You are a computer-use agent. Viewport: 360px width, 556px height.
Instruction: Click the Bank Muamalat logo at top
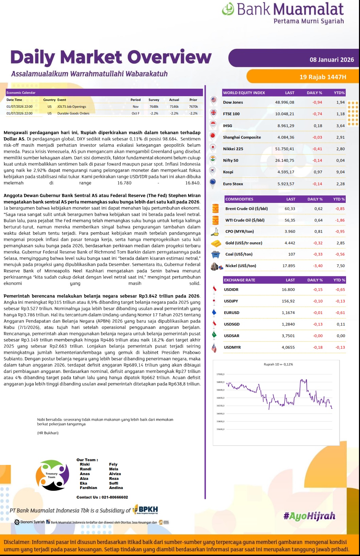coord(283,13)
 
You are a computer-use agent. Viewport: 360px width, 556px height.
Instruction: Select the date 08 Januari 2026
coord(331,60)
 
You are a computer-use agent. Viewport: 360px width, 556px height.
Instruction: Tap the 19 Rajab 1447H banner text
coord(323,77)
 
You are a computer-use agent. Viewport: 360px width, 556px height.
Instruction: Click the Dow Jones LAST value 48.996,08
coord(285,102)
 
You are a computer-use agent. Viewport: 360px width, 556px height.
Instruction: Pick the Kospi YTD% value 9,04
coord(340,172)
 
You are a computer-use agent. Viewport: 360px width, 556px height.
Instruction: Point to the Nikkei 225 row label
coord(233,149)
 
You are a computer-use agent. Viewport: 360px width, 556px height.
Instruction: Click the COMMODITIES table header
coord(239,199)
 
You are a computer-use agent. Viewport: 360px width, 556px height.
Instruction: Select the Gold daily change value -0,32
coord(318,243)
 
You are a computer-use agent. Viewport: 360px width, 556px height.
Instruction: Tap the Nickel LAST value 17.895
coord(289,266)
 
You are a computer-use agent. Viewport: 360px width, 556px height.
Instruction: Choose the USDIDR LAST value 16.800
coord(288,290)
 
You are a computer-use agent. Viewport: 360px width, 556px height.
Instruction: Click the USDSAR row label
coord(232,336)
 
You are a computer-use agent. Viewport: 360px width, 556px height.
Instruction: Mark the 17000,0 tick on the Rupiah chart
coord(220,374)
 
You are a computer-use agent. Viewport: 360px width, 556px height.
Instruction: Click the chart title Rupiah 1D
coord(278,364)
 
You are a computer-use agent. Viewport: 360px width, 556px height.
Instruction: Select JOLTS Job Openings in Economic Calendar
coord(71,107)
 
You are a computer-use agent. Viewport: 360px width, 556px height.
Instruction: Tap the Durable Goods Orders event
coord(73,114)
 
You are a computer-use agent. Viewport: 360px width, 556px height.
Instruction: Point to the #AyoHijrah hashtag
coord(309,516)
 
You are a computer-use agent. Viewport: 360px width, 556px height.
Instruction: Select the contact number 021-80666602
coord(115,497)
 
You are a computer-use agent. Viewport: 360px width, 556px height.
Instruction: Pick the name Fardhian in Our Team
coord(88,488)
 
